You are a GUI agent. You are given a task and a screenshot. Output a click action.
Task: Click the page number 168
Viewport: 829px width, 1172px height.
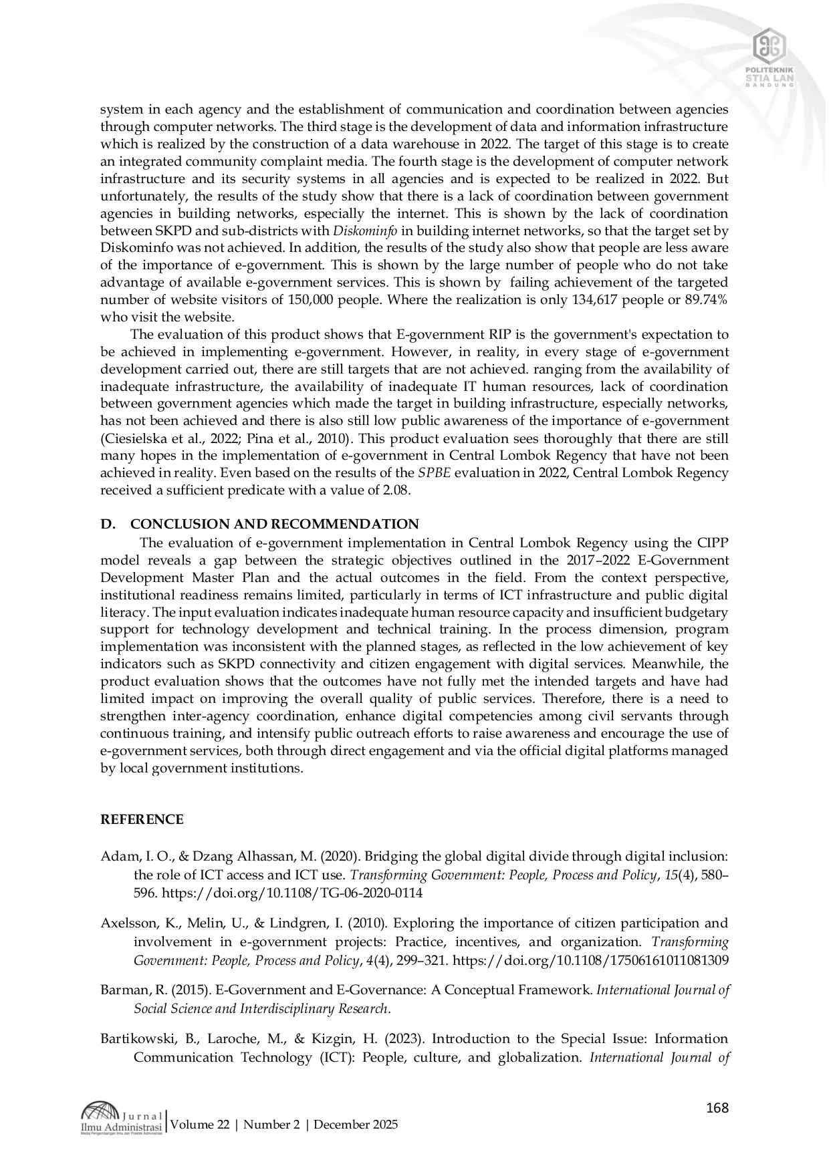[717, 1109]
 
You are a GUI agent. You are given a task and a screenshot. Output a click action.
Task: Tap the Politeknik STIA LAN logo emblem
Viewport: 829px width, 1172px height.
[769, 45]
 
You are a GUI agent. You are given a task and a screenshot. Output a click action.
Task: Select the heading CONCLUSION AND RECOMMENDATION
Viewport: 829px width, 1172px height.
[274, 524]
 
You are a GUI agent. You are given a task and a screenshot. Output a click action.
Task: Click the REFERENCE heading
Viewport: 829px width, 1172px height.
[141, 820]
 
